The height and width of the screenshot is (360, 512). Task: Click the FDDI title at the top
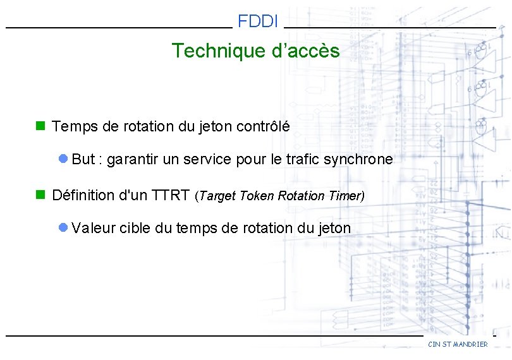(x=258, y=21)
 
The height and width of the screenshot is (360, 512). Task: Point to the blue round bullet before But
(x=63, y=159)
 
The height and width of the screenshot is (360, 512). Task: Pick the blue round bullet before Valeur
(x=63, y=228)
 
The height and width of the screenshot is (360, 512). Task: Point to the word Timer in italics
(x=344, y=196)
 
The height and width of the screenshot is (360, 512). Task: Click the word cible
(x=134, y=228)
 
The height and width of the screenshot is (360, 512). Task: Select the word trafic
(x=302, y=160)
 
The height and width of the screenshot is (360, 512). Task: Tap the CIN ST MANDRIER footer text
(x=458, y=344)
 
